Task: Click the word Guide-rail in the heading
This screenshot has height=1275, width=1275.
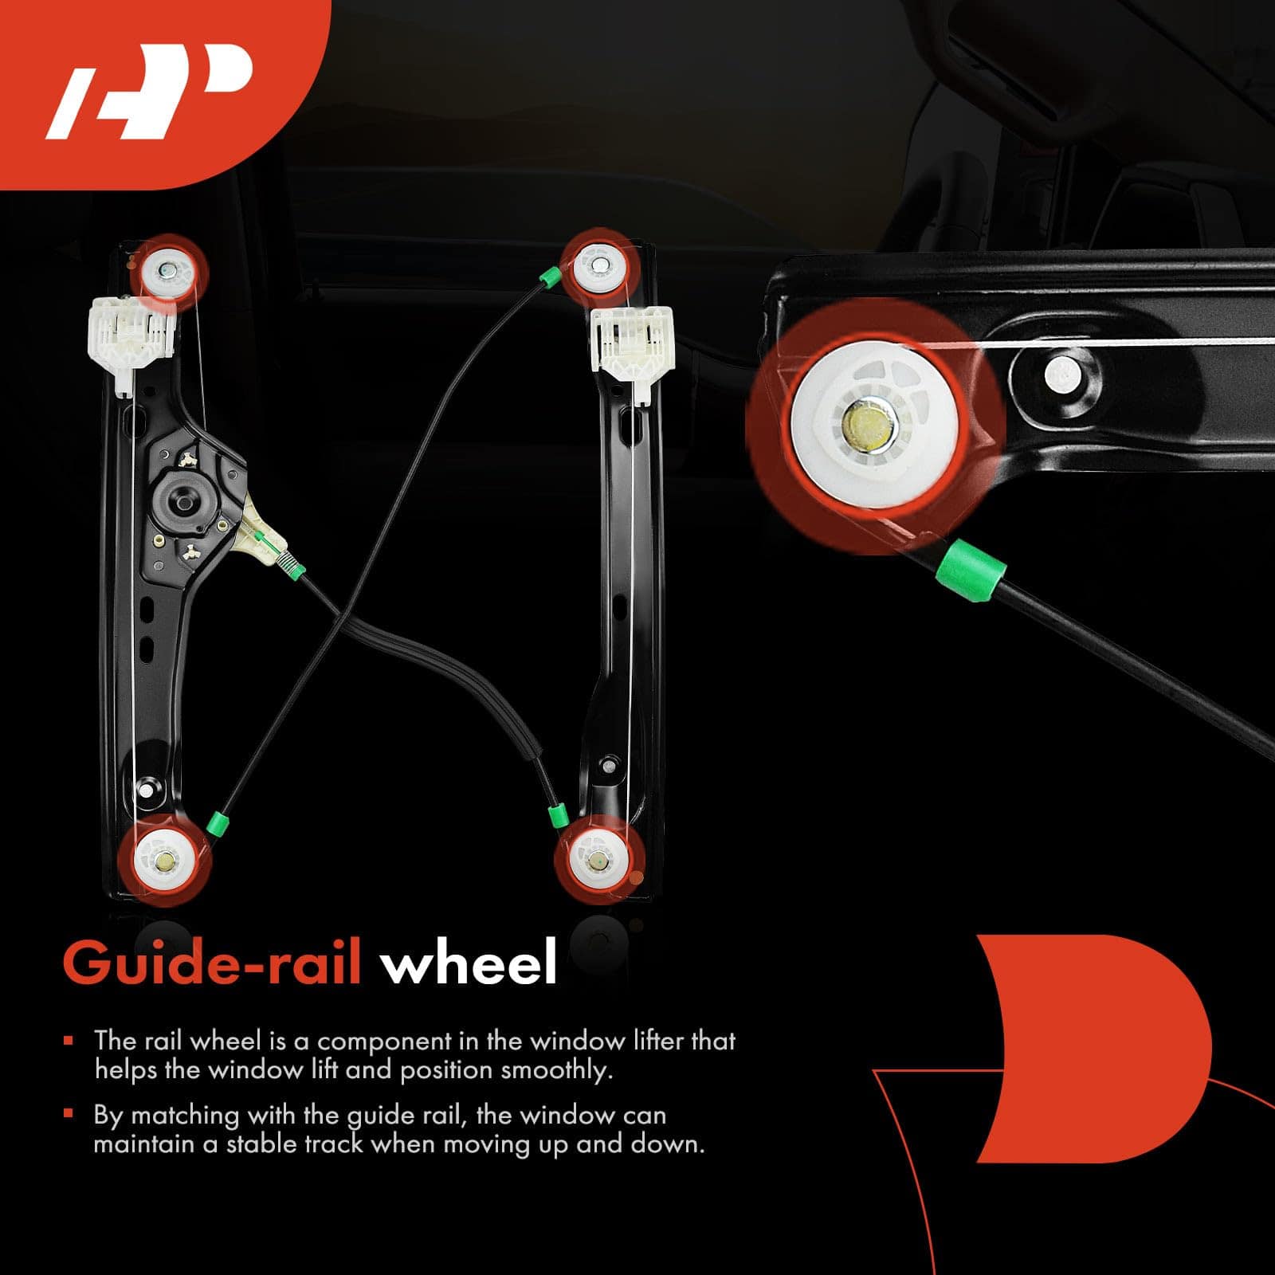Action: coord(212,963)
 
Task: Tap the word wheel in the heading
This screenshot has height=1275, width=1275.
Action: coord(469,963)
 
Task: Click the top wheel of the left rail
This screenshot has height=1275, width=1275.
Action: coord(170,271)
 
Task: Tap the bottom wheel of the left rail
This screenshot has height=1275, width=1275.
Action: coord(165,860)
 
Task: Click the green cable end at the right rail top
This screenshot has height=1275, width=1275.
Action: coord(549,277)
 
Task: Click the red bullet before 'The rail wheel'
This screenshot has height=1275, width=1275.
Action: coord(69,1041)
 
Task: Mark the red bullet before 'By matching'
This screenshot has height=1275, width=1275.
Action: coord(69,1113)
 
